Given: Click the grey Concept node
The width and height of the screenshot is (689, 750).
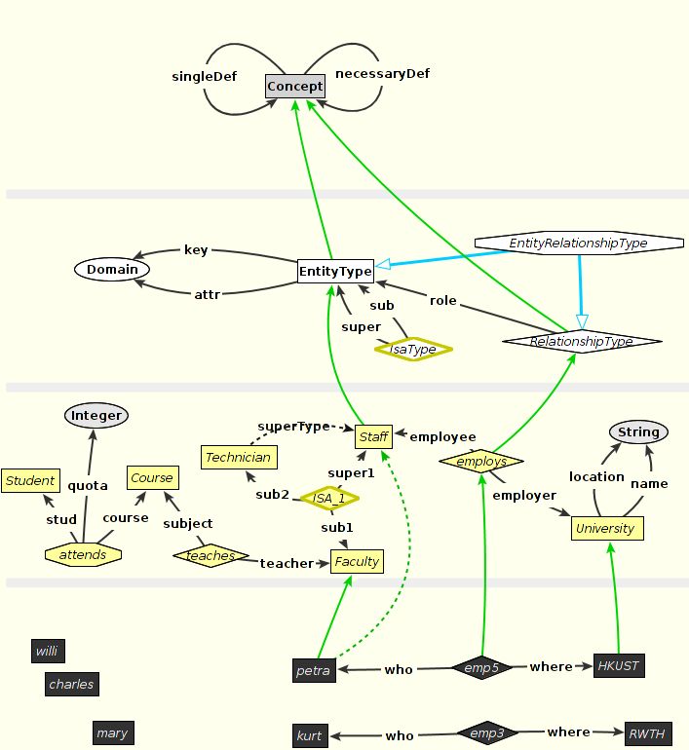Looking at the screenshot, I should [295, 87].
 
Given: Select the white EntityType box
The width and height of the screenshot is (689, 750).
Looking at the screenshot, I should [335, 271].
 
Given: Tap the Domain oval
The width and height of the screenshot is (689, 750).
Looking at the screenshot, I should [112, 269].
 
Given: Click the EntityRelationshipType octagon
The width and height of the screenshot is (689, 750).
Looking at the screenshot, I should [579, 243].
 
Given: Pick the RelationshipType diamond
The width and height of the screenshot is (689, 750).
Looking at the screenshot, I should [581, 341].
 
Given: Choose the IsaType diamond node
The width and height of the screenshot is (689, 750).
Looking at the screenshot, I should [414, 348].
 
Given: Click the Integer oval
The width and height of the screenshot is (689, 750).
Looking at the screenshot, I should [96, 416].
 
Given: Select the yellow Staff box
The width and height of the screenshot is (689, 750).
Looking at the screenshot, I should [373, 437].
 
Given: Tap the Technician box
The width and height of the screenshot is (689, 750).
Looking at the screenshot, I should [239, 457].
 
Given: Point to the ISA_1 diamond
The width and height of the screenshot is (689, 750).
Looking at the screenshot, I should [329, 498].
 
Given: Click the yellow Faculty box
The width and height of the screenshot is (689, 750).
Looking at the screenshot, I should [357, 561].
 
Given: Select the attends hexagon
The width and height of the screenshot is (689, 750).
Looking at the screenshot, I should [83, 554].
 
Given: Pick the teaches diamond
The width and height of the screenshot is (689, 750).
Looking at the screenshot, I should [211, 555].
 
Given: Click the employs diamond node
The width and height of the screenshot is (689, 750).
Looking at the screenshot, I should [481, 460].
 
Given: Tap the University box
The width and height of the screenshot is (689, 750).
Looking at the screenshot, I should [606, 529].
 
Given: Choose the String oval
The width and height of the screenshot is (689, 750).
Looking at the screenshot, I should [639, 432].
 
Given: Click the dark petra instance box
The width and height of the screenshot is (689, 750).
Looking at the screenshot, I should [313, 670].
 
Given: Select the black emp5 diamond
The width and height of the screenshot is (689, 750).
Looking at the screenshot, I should [481, 668].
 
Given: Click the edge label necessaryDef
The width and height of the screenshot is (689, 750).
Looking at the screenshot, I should [382, 73].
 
